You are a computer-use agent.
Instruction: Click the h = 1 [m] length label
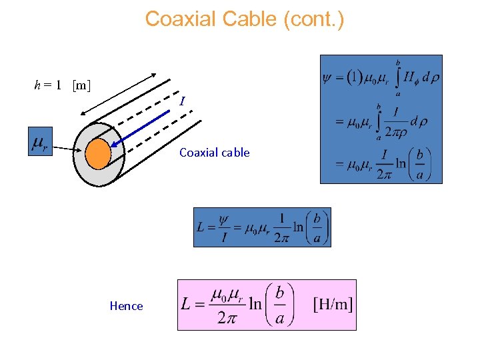[x=63, y=85]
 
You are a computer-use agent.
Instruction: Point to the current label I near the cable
[x=181, y=101]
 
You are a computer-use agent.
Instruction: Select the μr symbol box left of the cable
[x=40, y=141]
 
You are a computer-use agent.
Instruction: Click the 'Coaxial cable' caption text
[x=214, y=153]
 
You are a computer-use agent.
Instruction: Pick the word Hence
[x=126, y=306]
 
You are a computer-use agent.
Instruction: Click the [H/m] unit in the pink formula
[x=333, y=304]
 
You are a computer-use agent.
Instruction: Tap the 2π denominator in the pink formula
[x=227, y=318]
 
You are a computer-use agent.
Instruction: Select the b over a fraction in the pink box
[x=280, y=305]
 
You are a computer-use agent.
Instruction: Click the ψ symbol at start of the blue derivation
[x=327, y=78]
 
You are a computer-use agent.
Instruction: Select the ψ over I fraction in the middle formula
[x=223, y=227]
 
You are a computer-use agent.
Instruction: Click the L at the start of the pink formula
[x=188, y=305]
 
